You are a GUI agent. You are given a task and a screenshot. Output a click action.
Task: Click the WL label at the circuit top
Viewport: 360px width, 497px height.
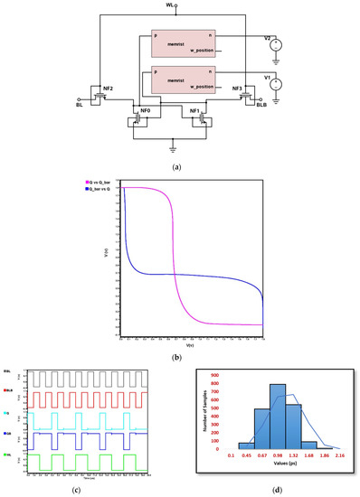pyautogui.click(x=170, y=5)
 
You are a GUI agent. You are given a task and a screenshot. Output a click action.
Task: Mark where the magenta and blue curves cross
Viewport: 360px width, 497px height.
pyautogui.click(x=172, y=275)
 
